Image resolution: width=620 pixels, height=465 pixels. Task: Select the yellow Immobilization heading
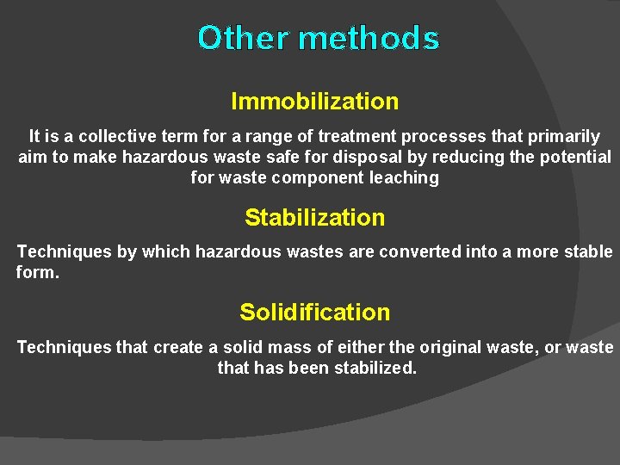[314, 102]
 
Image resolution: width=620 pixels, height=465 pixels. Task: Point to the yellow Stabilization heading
[314, 218]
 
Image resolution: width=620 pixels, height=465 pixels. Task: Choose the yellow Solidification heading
[314, 313]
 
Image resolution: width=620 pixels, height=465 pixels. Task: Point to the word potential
[575, 157]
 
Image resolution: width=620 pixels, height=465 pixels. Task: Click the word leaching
[403, 178]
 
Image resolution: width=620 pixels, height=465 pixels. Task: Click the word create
[178, 347]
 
